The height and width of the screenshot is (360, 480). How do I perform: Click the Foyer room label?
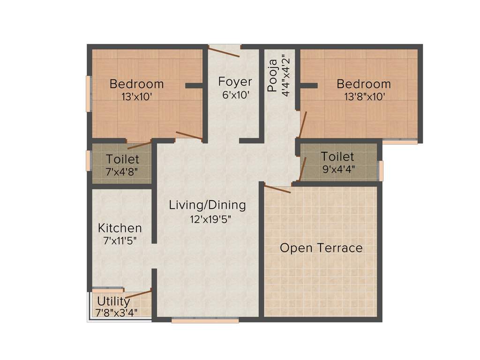click(235, 82)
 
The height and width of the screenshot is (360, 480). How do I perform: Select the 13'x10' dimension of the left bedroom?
click(136, 97)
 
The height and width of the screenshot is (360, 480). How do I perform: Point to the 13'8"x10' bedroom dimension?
click(363, 97)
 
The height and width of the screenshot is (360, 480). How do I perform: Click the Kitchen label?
click(120, 228)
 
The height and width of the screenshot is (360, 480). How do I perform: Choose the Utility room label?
click(113, 300)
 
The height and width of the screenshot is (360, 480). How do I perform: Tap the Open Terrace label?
click(321, 247)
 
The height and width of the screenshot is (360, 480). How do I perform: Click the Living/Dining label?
click(207, 205)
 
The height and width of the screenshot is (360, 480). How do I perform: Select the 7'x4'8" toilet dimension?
click(121, 171)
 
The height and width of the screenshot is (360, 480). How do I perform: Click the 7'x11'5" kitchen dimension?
click(120, 241)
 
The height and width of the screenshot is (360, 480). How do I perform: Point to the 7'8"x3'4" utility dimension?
click(116, 312)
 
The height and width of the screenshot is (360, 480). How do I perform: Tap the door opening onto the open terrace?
click(277, 188)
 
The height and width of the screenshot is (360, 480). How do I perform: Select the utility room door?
click(139, 294)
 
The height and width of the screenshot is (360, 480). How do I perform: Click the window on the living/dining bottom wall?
click(205, 321)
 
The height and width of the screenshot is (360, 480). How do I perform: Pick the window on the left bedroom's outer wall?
click(88, 94)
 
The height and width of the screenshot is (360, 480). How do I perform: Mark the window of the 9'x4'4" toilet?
click(381, 170)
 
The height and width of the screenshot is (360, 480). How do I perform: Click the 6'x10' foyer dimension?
click(235, 94)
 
